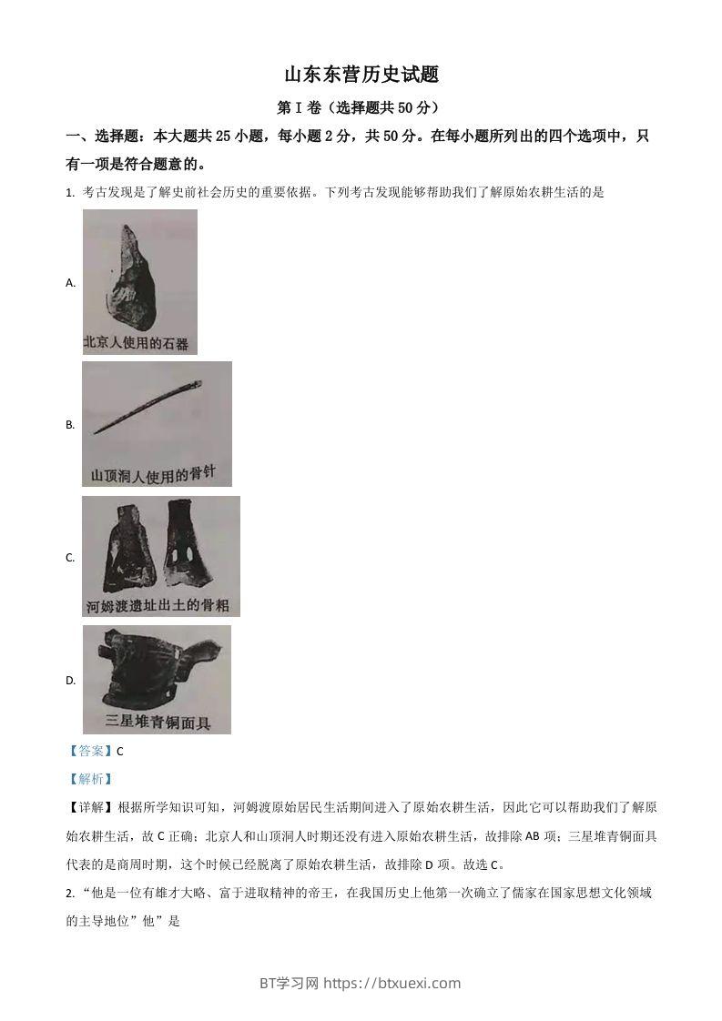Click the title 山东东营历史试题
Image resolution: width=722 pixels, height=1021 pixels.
[361, 75]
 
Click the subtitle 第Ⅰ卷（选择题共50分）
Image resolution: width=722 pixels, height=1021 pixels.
[361, 107]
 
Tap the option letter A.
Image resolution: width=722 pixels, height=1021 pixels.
[70, 283]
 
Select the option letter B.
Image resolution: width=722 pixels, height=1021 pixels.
[70, 425]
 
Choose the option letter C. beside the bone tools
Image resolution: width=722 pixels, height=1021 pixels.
[70, 558]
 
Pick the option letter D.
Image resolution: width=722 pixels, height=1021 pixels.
[70, 681]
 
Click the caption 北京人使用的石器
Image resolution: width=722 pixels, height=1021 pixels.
[136, 343]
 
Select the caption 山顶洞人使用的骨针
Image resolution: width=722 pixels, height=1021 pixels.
[156, 474]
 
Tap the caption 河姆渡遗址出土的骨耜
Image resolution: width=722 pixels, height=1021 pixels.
[156, 605]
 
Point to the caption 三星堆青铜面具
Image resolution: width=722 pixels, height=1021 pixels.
[158, 723]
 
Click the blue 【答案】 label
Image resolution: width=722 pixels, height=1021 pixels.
[90, 751]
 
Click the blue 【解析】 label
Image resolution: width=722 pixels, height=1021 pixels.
[90, 779]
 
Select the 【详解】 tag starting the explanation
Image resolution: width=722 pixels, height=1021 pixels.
[90, 807]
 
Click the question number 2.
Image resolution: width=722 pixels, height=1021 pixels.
[69, 893]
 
